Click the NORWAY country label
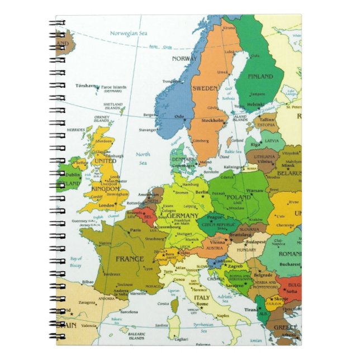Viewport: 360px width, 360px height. [x=184, y=58]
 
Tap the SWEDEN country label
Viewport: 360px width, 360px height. [x=205, y=88]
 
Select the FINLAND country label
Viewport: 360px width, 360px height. [x=260, y=76]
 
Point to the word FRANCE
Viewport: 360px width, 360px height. [x=130, y=259]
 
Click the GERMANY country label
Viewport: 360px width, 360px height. [x=182, y=216]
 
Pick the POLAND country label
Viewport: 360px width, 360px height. [x=239, y=197]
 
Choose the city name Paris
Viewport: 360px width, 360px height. [x=135, y=230]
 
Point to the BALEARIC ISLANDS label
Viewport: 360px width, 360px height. [x=136, y=337]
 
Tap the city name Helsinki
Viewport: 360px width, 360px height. [x=255, y=104]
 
